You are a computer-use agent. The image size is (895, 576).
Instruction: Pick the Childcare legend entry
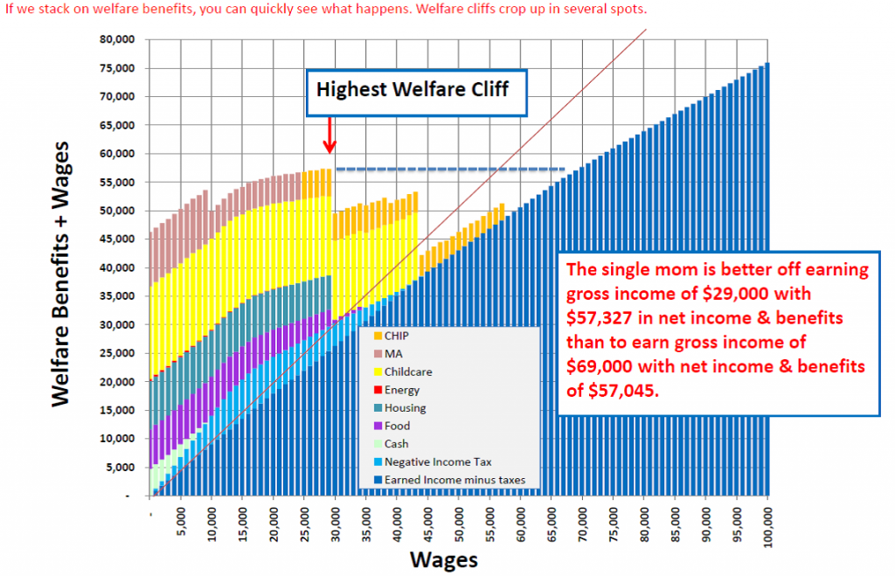[406, 373]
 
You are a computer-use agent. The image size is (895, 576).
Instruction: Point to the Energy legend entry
[400, 390]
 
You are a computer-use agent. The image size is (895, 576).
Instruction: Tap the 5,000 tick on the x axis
[181, 522]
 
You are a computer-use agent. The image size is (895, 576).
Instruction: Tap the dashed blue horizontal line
[450, 169]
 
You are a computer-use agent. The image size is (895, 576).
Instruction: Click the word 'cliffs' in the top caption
[496, 10]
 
